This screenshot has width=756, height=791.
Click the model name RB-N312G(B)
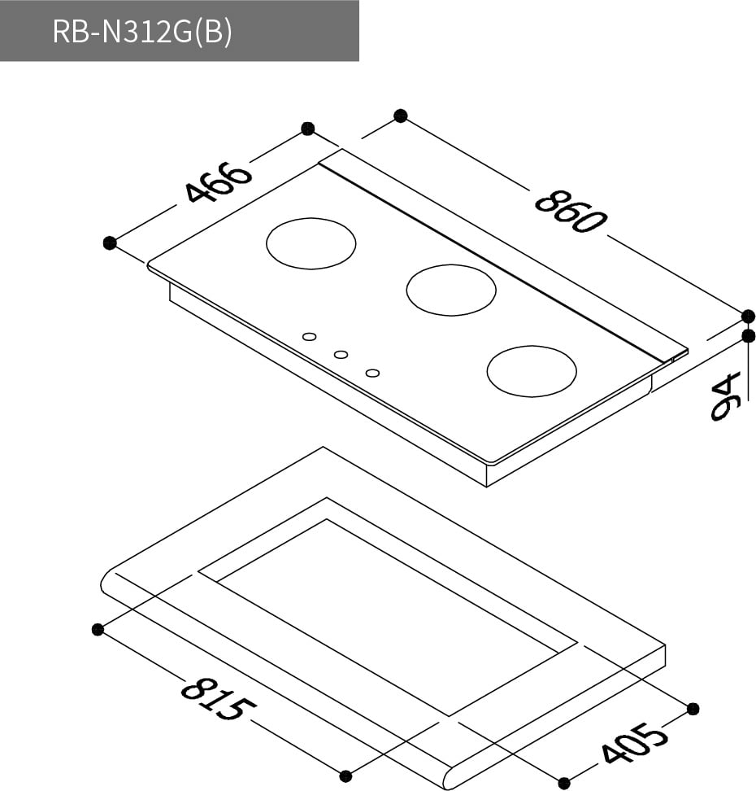click(141, 31)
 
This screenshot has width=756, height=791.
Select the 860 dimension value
click(570, 211)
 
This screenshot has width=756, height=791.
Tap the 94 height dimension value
click(726, 396)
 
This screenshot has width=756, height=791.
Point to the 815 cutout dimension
click(213, 700)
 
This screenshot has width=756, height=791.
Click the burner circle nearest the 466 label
click(311, 243)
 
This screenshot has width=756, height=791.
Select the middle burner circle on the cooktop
click(450, 290)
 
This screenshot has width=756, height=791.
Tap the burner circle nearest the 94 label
click(532, 371)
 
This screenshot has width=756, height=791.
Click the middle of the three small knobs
click(341, 355)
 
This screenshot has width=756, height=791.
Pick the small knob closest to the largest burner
click(372, 373)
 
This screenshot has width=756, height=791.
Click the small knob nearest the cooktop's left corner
click(309, 336)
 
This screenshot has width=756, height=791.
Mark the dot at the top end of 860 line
click(400, 116)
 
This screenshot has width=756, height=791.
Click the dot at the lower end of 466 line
click(110, 243)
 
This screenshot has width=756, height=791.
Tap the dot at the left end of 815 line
click(98, 629)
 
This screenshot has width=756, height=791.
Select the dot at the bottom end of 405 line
click(564, 783)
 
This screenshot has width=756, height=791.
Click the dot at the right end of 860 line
click(749, 316)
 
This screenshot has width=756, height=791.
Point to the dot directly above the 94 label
click(749, 335)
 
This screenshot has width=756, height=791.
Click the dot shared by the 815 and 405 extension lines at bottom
click(345, 776)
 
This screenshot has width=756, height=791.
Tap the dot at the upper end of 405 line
click(693, 709)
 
